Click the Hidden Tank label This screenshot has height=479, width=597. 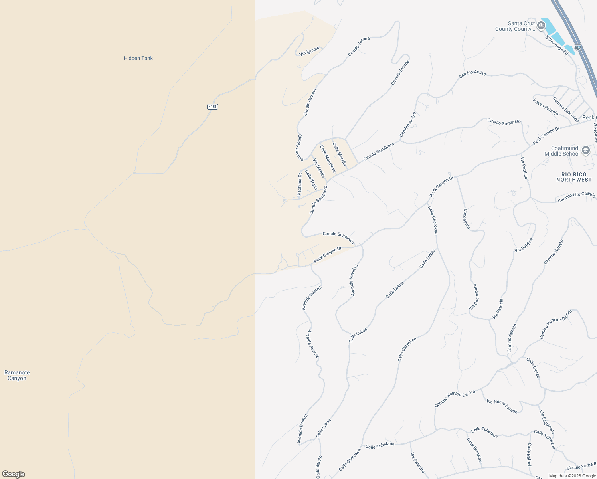coord(138,58)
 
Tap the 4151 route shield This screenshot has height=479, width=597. coord(213,107)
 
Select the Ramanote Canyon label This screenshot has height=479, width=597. coord(17,375)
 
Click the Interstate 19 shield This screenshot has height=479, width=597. coord(578,47)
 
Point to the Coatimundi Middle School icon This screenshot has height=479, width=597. coord(585,150)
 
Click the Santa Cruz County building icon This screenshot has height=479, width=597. coord(541,26)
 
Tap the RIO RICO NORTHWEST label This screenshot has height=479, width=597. coord(574,177)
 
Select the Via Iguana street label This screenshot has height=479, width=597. coord(309,51)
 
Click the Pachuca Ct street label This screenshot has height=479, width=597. coord(300,184)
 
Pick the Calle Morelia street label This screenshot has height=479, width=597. coord(339,154)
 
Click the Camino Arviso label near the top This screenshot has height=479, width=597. coord(472,74)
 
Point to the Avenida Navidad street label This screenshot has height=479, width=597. coord(354,280)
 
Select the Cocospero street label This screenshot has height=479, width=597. coord(466,219)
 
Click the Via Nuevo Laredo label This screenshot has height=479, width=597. coord(502,406)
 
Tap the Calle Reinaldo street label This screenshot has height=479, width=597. coord(474,450)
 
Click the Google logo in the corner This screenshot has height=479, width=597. coord(14,474)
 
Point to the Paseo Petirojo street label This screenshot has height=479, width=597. coord(546,107)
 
